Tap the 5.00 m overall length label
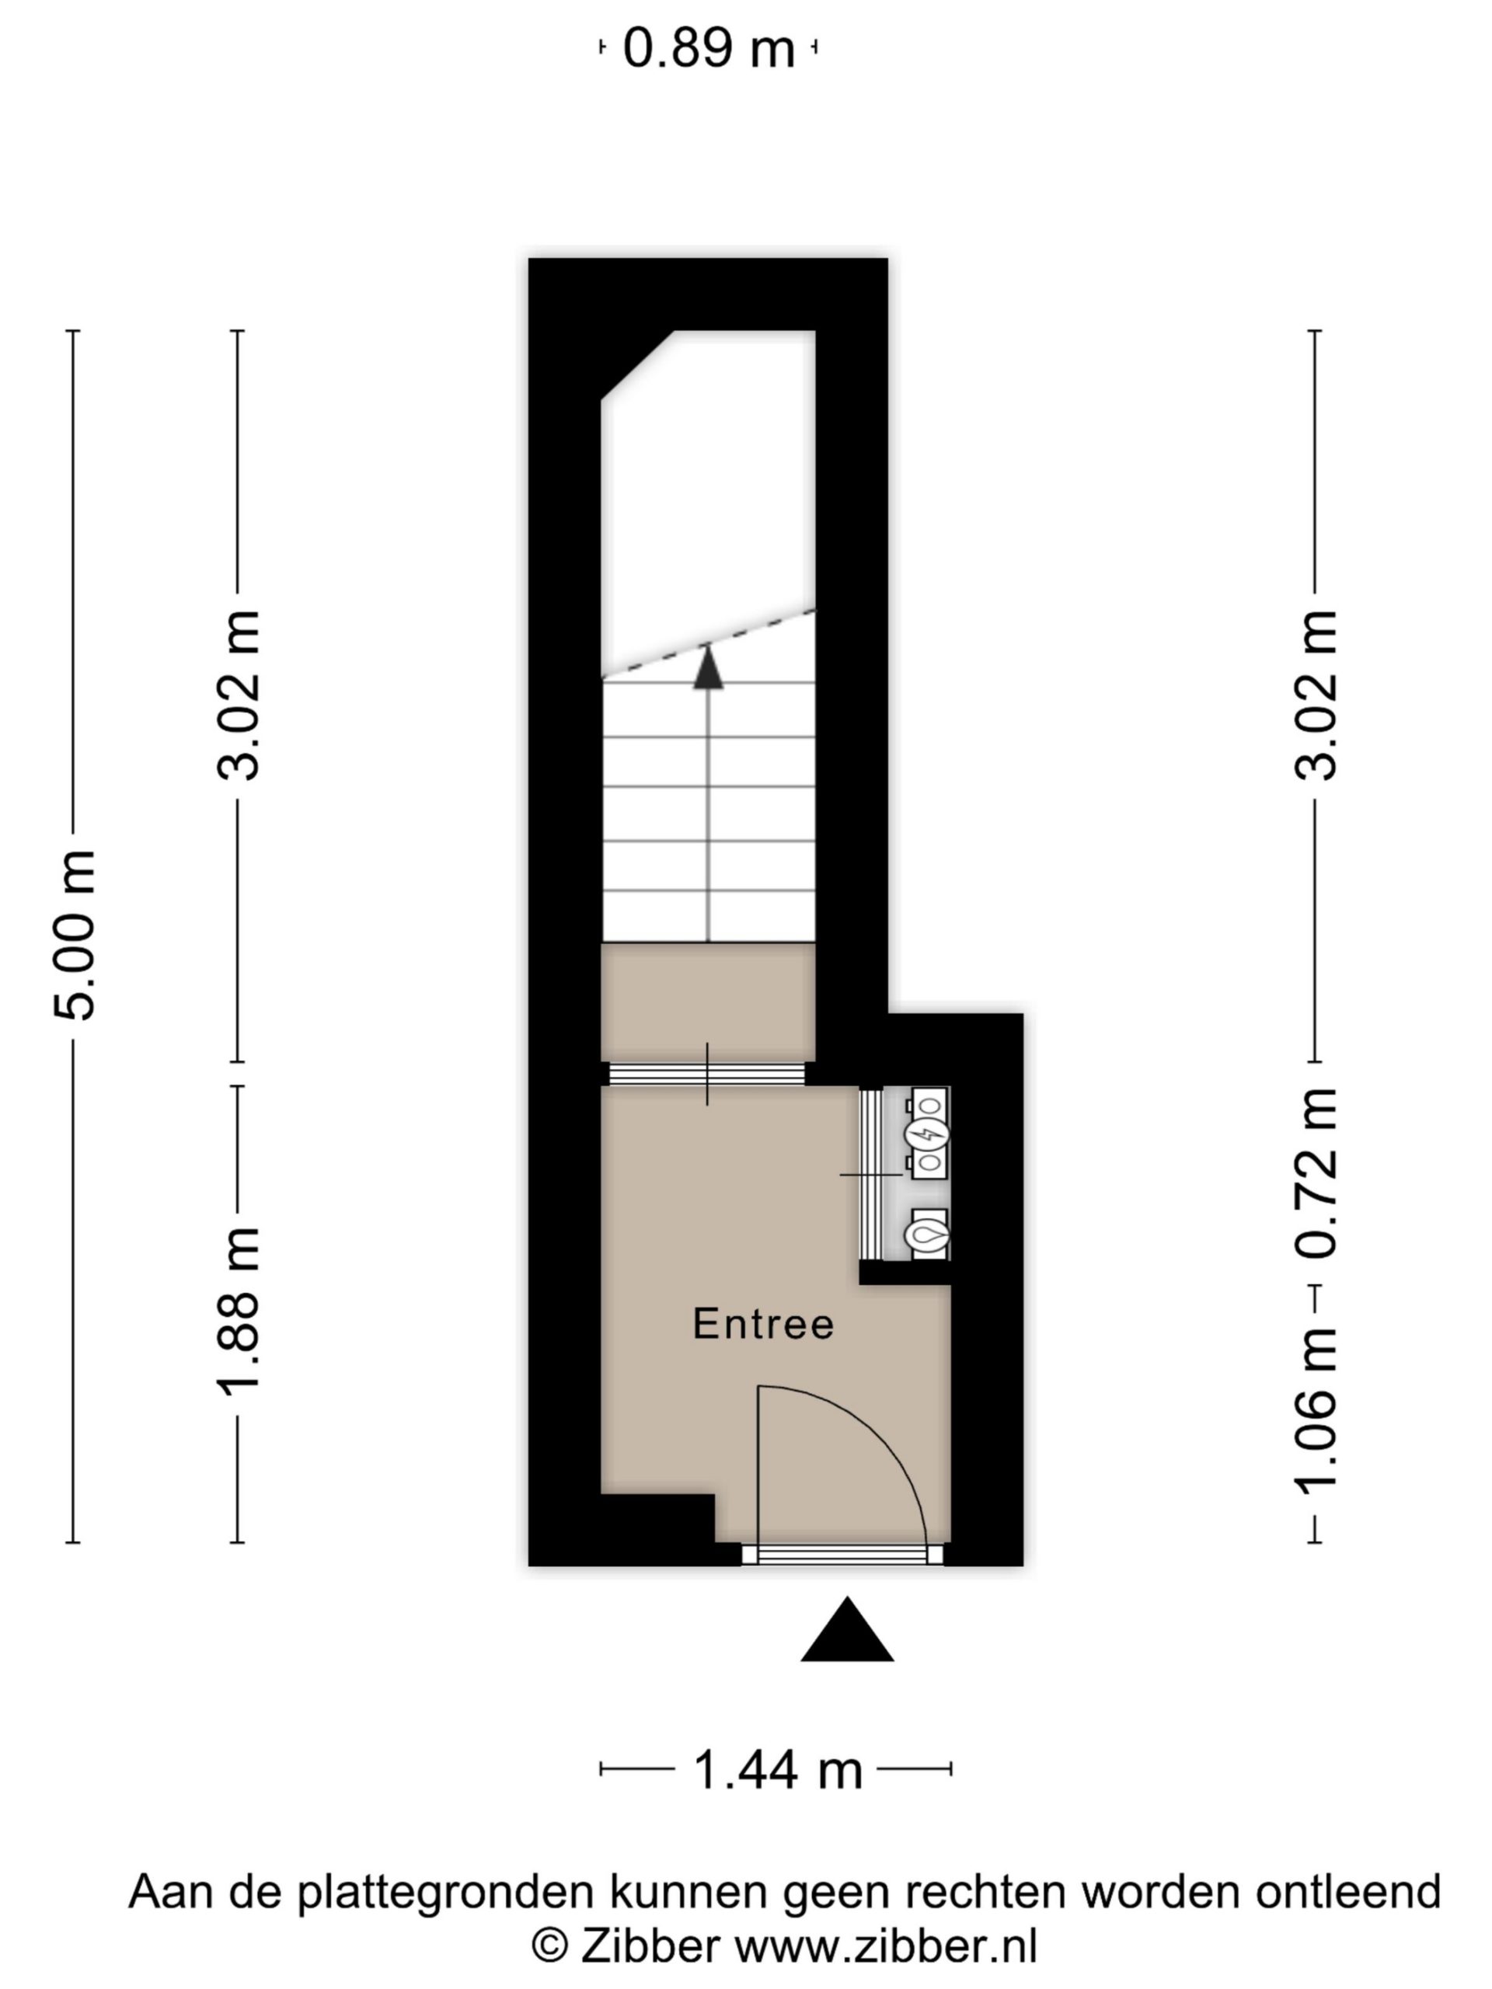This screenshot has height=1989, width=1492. (x=75, y=935)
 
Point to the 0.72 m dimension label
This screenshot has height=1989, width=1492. (x=1316, y=1173)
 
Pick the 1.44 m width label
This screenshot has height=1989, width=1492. (x=778, y=1771)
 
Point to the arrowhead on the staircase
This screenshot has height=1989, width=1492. (x=709, y=667)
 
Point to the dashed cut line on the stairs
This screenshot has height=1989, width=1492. (x=709, y=644)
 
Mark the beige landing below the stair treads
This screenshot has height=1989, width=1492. (x=709, y=1001)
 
